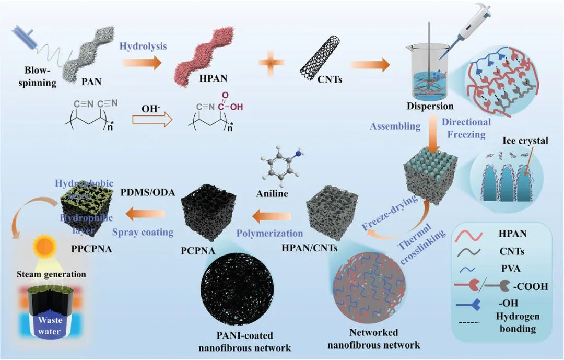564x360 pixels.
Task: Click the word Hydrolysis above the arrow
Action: coord(143,46)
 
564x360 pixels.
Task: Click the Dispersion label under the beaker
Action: coord(430,106)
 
